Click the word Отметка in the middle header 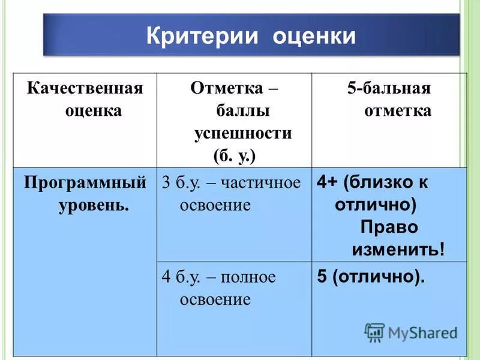pyautogui.click(x=227, y=89)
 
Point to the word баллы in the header pyautogui.click(x=243, y=112)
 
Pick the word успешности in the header pyautogui.click(x=243, y=133)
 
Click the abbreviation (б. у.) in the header pyautogui.click(x=235, y=155)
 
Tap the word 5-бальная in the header pyautogui.click(x=389, y=89)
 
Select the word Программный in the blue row pyautogui.click(x=85, y=182)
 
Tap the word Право pyautogui.click(x=389, y=227)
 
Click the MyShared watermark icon pyautogui.click(x=374, y=332)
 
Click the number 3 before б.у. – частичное pyautogui.click(x=166, y=183)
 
